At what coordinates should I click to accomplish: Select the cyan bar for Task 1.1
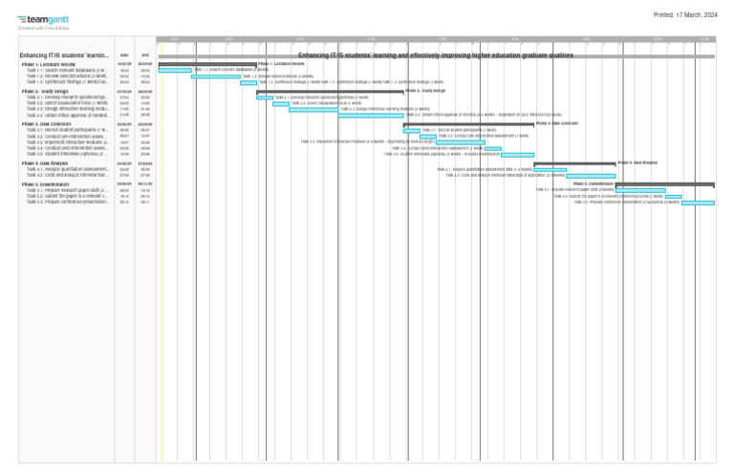pyautogui.click(x=175, y=70)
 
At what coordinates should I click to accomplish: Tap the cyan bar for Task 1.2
pyautogui.click(x=216, y=76)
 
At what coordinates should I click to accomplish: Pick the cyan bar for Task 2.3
pyautogui.click(x=313, y=110)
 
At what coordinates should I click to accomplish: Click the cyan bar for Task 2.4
pyautogui.click(x=371, y=116)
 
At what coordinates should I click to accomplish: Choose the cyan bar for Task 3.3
pyautogui.click(x=461, y=142)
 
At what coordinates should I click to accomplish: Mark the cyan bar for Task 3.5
pyautogui.click(x=517, y=155)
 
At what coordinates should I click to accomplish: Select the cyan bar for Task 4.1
pyautogui.click(x=550, y=169)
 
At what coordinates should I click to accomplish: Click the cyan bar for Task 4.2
pyautogui.click(x=591, y=176)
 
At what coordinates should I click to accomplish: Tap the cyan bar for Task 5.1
pyautogui.click(x=640, y=190)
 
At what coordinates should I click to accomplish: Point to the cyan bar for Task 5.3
pyautogui.click(x=698, y=203)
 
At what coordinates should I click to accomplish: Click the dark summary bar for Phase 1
pyautogui.click(x=207, y=63)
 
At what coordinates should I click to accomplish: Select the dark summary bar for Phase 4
pyautogui.click(x=574, y=163)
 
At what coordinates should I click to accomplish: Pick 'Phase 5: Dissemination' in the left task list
pyautogui.click(x=51, y=184)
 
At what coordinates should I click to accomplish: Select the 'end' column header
pyautogui.click(x=145, y=55)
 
